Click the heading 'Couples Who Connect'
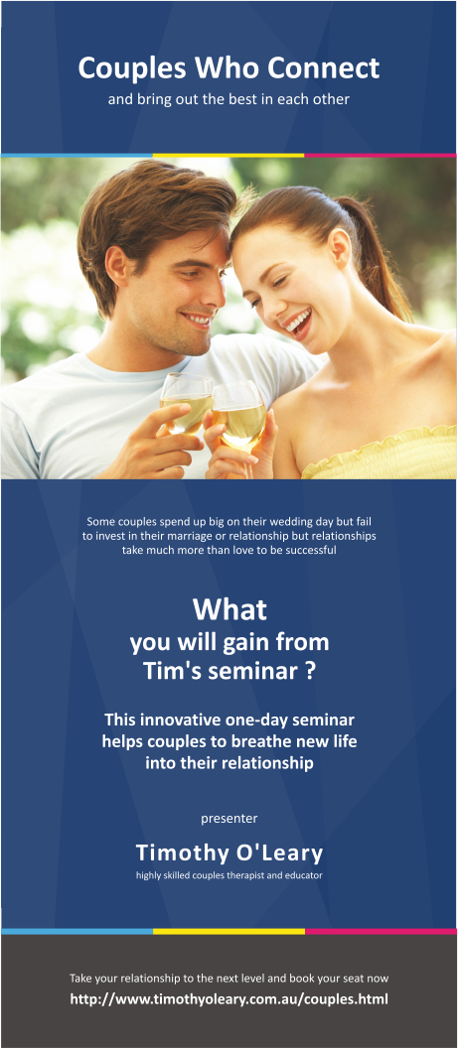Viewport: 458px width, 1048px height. pos(229,67)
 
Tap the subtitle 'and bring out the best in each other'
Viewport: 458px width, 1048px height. pos(229,100)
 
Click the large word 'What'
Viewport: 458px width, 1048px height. pos(229,607)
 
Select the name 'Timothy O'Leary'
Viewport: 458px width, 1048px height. pos(229,853)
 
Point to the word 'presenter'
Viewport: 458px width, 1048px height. pos(229,818)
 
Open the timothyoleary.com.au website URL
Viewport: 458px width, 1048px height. pos(229,998)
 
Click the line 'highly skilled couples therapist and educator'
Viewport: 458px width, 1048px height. pos(229,875)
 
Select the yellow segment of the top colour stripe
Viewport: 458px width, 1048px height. pos(229,155)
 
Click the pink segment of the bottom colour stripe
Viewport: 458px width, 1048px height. pos(381,931)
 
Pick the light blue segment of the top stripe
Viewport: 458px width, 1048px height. pos(76,155)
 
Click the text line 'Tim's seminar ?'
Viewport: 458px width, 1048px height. pos(229,671)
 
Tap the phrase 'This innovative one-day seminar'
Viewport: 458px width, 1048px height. pos(229,719)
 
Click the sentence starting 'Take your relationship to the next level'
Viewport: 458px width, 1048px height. pos(229,978)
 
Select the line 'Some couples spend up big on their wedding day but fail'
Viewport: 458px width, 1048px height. pos(229,521)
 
